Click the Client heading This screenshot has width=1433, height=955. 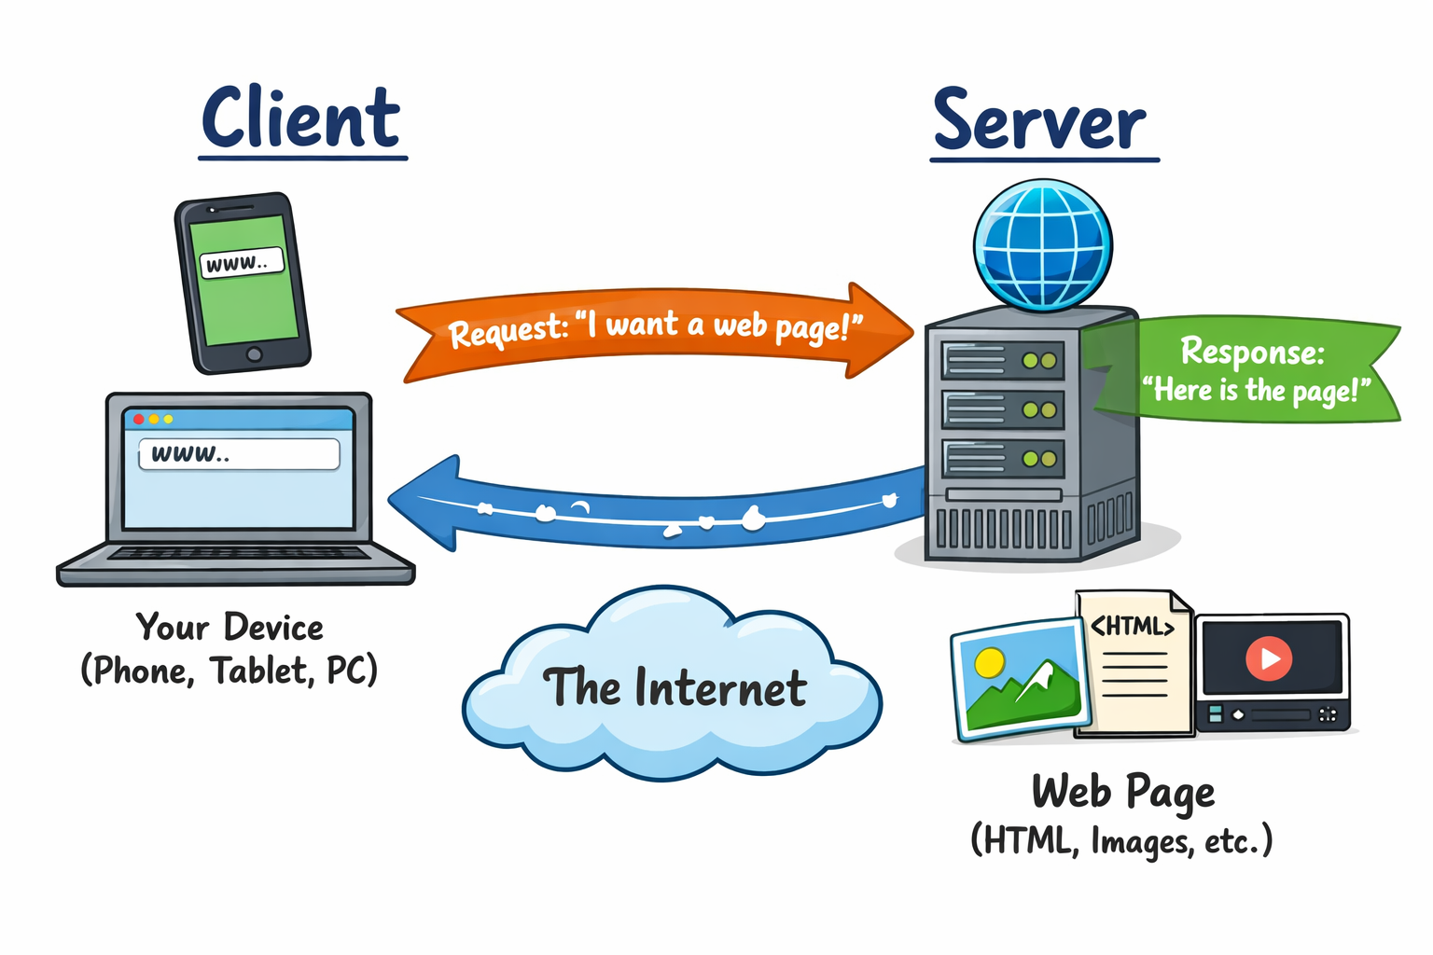(301, 119)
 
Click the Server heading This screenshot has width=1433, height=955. (1040, 122)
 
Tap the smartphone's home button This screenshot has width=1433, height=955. (254, 354)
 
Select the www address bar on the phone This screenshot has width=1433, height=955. (241, 263)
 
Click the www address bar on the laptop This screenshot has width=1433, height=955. (239, 454)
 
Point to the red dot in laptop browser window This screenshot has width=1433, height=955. (139, 419)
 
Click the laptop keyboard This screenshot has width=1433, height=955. (238, 553)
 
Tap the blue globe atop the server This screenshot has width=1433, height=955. (1042, 244)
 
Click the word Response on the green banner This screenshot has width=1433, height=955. (1252, 352)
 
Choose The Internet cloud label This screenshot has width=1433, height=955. (674, 688)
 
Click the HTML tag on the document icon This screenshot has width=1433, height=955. (1132, 626)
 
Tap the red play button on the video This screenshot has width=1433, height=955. (1269, 657)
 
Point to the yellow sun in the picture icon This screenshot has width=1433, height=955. (989, 662)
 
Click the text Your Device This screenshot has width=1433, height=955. (230, 628)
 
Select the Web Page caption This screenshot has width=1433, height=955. (1122, 793)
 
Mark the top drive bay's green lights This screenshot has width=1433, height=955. (1038, 360)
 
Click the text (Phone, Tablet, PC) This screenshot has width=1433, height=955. (230, 671)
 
